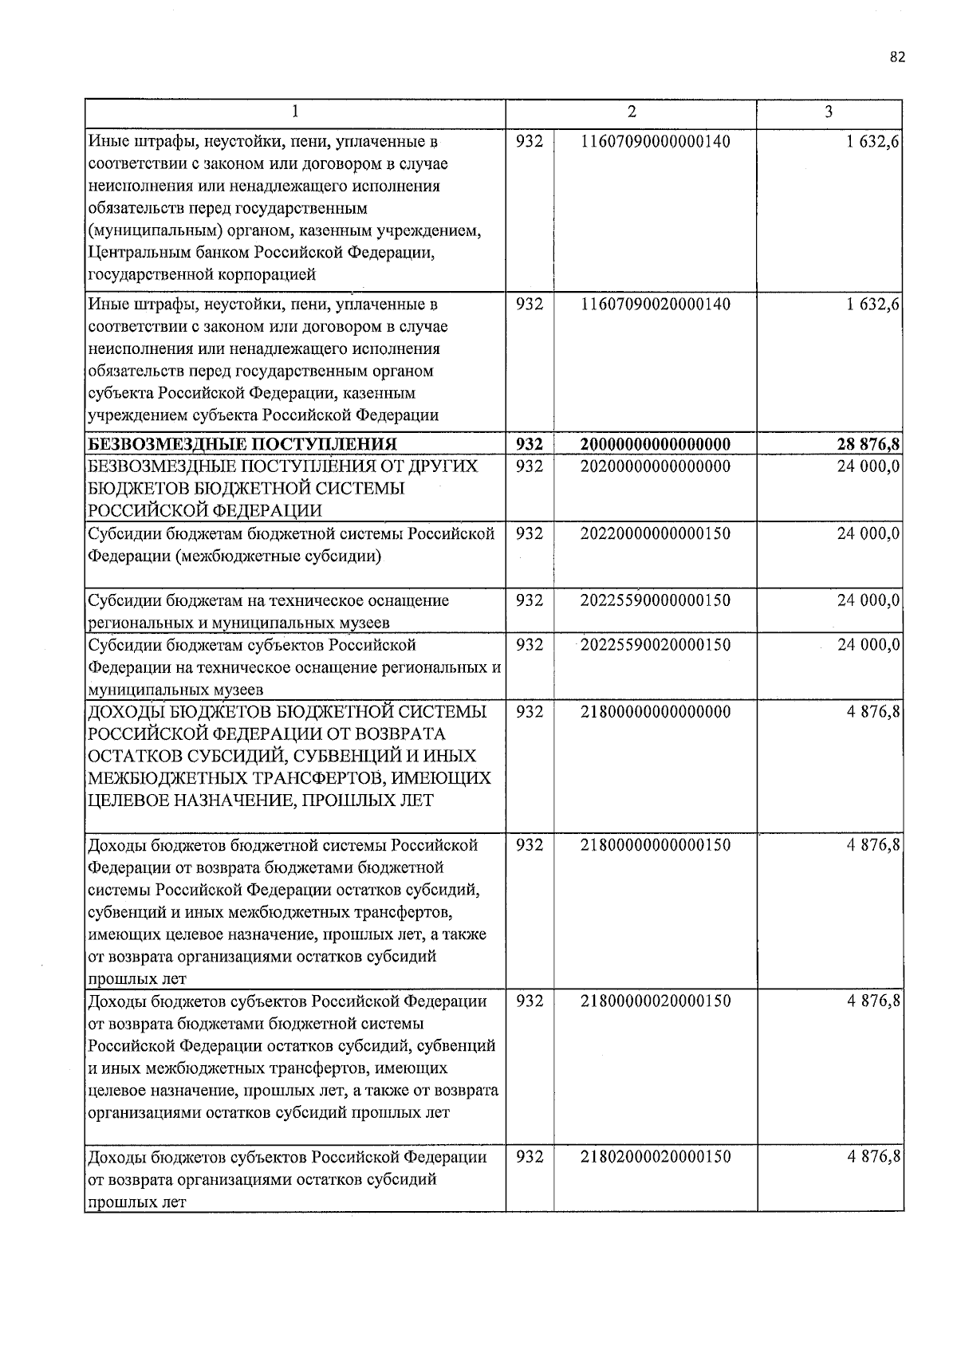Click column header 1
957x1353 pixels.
click(x=295, y=112)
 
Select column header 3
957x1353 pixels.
click(x=829, y=112)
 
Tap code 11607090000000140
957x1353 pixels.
click(x=656, y=142)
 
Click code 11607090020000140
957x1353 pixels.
click(x=656, y=305)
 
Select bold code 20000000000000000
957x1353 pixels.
click(x=656, y=444)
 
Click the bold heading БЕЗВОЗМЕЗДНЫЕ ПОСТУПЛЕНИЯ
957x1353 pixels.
click(x=242, y=444)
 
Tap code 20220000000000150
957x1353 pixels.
click(x=656, y=533)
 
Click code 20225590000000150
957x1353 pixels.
click(x=656, y=600)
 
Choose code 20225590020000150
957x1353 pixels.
click(x=656, y=644)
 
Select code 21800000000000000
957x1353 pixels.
click(x=656, y=711)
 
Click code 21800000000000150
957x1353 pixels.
click(x=656, y=845)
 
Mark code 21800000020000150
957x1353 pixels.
click(x=656, y=1001)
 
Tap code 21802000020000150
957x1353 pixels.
click(x=656, y=1157)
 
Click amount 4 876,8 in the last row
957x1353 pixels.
click(x=873, y=1157)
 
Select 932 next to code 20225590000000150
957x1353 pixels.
click(x=530, y=600)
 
